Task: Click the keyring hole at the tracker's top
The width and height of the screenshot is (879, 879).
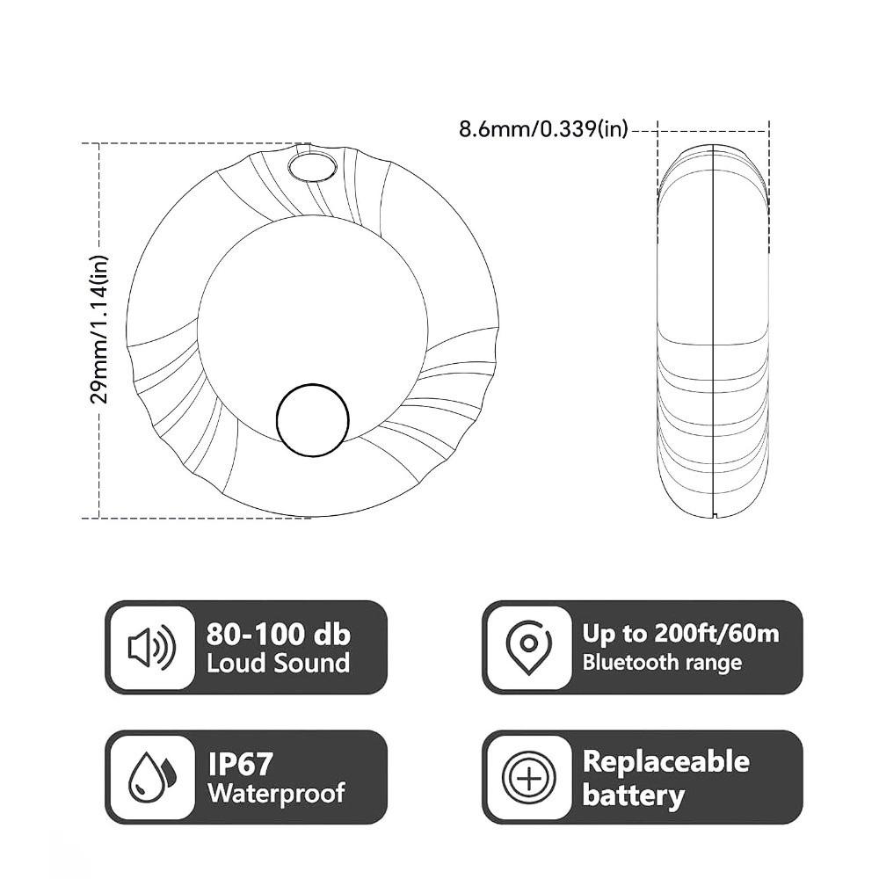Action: pyautogui.click(x=313, y=164)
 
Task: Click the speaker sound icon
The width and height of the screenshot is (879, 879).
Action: pyautogui.click(x=151, y=648)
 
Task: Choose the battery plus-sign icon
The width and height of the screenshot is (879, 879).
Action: pyautogui.click(x=528, y=777)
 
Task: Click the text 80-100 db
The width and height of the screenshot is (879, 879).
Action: pyautogui.click(x=278, y=634)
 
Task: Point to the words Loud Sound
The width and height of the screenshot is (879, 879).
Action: pyautogui.click(x=278, y=663)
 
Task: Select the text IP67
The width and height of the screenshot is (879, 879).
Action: pyautogui.click(x=240, y=762)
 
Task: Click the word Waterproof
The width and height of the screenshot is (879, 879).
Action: pyautogui.click(x=276, y=793)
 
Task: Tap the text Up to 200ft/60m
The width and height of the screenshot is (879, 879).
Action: pyautogui.click(x=680, y=634)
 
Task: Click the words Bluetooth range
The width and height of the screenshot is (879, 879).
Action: pyautogui.click(x=662, y=663)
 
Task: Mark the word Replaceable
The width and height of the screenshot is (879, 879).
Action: pyautogui.click(x=665, y=761)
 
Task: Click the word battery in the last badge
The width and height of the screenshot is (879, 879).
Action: pyautogui.click(x=633, y=795)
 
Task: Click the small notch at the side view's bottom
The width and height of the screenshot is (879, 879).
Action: pyautogui.click(x=715, y=513)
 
